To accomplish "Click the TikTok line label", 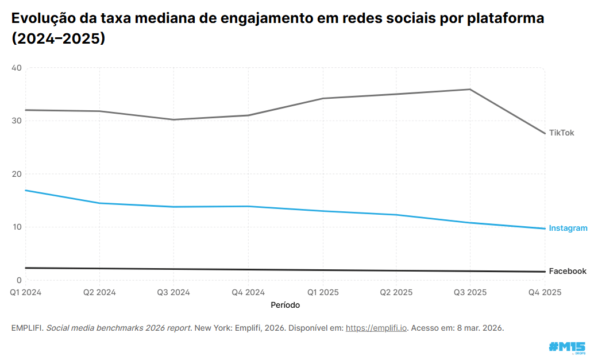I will coord(561,133).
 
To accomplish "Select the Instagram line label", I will coord(568,228).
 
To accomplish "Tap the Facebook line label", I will coord(567,271).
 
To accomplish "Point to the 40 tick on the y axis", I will coord(16,68).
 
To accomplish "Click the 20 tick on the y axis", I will coord(16,174).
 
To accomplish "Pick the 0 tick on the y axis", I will coord(19,280).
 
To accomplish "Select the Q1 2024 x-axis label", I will coord(26,292).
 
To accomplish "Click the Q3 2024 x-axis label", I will coord(173,292).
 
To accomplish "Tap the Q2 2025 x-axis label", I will coord(396,292).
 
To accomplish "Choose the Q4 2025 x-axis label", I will coord(545,292).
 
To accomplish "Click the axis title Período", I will coord(285,305).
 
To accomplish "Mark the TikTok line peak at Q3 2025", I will coord(470,89).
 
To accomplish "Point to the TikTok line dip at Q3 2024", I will coord(173,119).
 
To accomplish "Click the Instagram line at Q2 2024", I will coord(100,203).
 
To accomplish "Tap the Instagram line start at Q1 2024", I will coord(26,190).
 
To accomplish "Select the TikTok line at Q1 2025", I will coord(322,98).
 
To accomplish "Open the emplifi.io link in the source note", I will coord(376,328).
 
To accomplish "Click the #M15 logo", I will coord(566,347).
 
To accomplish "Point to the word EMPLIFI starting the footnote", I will coord(26,328).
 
